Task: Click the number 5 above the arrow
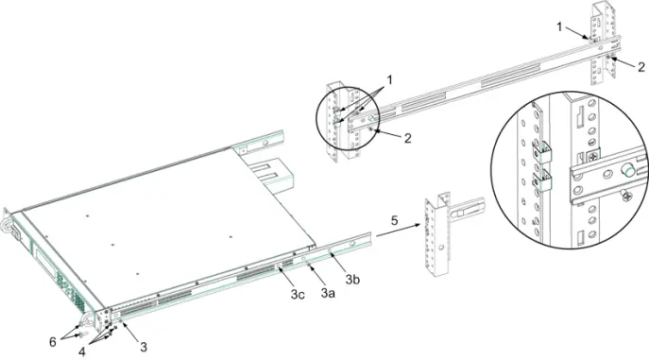(394, 220)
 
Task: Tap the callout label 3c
(298, 294)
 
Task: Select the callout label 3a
(328, 293)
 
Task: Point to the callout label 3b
(352, 280)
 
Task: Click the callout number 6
(53, 342)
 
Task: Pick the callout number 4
(82, 352)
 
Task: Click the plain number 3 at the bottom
(144, 347)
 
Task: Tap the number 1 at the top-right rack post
(559, 27)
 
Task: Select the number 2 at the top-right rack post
(641, 67)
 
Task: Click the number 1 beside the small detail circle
(388, 80)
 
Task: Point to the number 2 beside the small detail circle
(408, 138)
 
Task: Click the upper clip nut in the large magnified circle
(542, 152)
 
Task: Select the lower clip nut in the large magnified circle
(542, 180)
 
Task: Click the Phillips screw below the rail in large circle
(626, 195)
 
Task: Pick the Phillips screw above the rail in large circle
(593, 157)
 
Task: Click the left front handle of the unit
(8, 227)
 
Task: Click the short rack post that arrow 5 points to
(436, 234)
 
